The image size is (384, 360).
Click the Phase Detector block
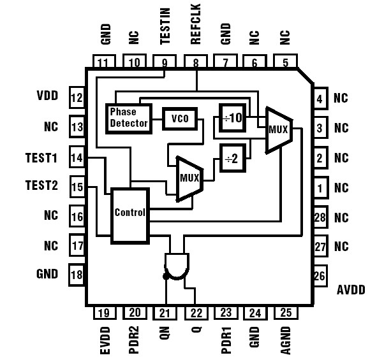pos(128,117)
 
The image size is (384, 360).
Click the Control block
pos(130,215)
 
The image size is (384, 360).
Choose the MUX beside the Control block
pos(189,179)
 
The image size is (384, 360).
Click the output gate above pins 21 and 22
pos(179,266)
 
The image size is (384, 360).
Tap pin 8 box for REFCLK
pos(195,62)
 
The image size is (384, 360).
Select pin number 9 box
pos(165,62)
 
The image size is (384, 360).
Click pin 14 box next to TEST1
pos(77,157)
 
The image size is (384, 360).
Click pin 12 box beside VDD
pos(77,98)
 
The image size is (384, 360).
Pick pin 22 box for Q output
pos(195,312)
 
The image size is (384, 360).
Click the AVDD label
pos(350,290)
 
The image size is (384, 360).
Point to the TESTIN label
pos(165,29)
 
